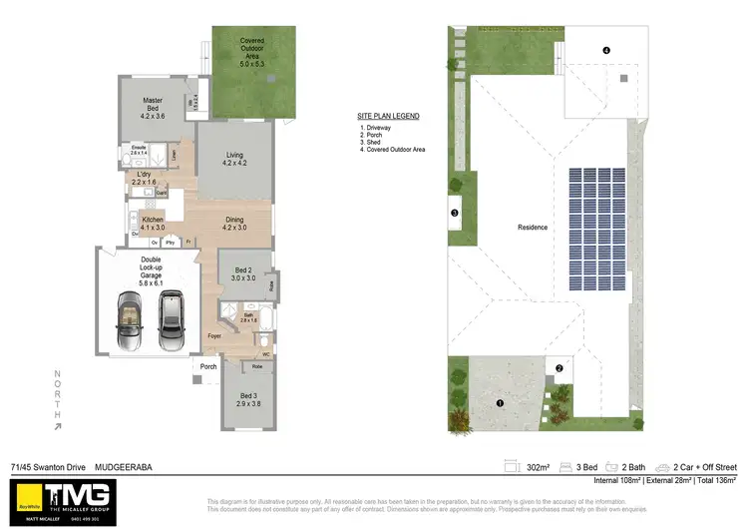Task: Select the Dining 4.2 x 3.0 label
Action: tap(234, 223)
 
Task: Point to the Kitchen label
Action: tap(153, 223)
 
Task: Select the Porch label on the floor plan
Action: tap(208, 366)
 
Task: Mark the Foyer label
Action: tap(213, 336)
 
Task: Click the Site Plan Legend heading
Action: tap(388, 116)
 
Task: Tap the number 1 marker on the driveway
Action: tap(500, 403)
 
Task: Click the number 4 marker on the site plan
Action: tap(605, 50)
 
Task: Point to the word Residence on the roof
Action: tap(532, 228)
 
